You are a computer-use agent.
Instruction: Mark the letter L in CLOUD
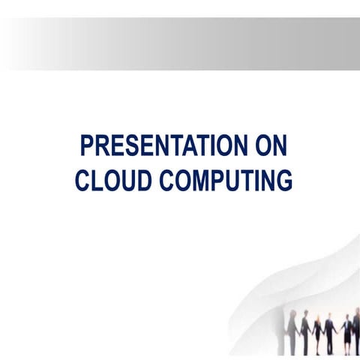[97, 181]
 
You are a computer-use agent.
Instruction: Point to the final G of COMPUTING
[283, 181]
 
